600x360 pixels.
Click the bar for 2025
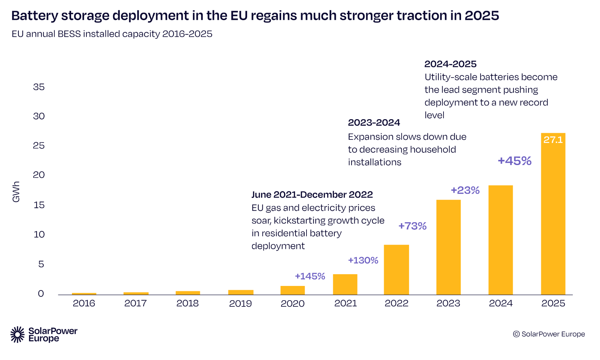[x=553, y=214]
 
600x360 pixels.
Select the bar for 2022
[x=396, y=270]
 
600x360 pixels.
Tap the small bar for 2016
[x=84, y=294]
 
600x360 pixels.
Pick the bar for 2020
[x=293, y=290]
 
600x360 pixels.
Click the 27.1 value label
[x=553, y=140]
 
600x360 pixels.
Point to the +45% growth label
[x=515, y=161]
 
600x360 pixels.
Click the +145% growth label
[x=310, y=276]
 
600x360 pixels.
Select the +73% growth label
[x=412, y=226]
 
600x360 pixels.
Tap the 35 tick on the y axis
[x=39, y=87]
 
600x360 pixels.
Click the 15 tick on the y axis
[x=39, y=205]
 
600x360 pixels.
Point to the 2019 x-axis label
[x=240, y=303]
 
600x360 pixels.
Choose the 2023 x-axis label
[x=448, y=303]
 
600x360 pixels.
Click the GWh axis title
[x=16, y=192]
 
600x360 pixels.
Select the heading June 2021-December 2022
[x=312, y=195]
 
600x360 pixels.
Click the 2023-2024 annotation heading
[x=374, y=122]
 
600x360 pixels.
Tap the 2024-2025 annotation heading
[x=451, y=64]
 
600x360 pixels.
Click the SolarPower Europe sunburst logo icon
[x=18, y=335]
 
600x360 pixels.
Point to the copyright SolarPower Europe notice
[x=549, y=334]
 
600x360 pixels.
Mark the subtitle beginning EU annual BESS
[x=112, y=34]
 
